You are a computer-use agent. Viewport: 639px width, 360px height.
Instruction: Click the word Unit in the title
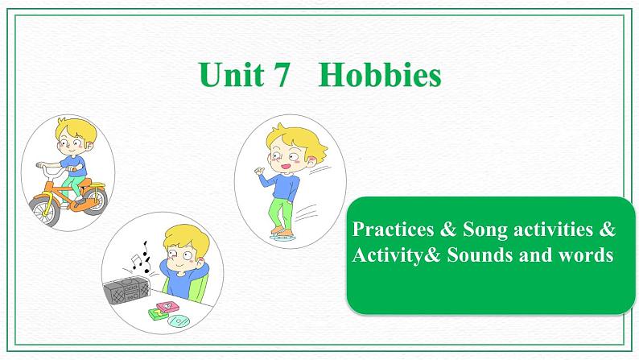[x=229, y=76]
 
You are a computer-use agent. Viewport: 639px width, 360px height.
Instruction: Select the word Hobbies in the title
[x=380, y=76]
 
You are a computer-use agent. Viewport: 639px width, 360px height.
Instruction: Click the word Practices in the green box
[x=393, y=230]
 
